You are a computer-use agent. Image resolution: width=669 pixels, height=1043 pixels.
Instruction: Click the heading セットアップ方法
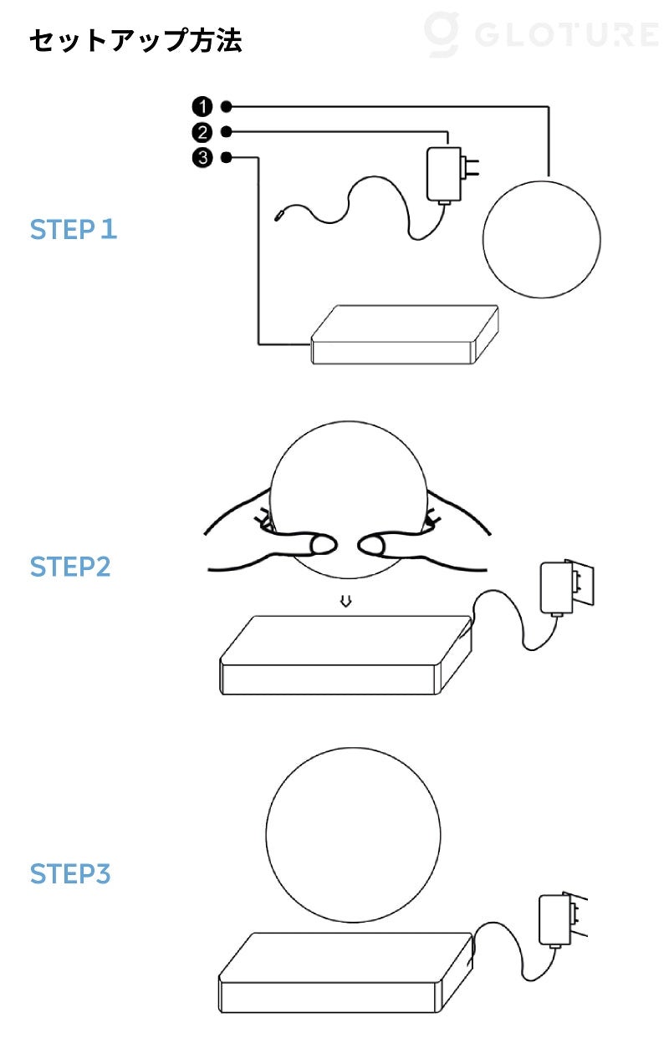click(135, 40)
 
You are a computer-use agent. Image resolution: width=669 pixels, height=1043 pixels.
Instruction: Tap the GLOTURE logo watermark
click(541, 35)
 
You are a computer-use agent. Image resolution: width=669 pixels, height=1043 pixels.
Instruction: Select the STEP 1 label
click(74, 230)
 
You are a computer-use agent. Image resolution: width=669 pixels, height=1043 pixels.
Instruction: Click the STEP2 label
click(70, 567)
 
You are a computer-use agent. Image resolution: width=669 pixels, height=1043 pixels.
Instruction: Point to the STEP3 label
click(70, 874)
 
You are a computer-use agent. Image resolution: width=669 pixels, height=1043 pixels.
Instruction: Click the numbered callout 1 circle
click(202, 107)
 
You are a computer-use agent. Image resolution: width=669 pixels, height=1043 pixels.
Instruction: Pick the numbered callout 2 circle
click(202, 132)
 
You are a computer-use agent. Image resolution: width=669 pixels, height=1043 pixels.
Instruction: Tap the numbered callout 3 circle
click(202, 158)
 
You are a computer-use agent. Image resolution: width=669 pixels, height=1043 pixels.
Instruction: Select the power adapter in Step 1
click(444, 176)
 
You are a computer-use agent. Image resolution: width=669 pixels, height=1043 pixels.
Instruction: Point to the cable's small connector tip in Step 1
click(279, 216)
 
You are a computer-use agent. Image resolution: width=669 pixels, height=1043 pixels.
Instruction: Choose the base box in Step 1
click(405, 334)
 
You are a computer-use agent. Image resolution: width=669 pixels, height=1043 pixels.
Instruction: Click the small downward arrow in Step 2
click(345, 601)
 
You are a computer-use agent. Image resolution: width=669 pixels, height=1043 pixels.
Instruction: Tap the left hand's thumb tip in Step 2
click(323, 544)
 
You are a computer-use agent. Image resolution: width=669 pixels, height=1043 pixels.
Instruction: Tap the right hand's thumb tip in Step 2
click(370, 544)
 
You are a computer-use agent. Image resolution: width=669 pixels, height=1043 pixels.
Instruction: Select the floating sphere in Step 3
click(354, 835)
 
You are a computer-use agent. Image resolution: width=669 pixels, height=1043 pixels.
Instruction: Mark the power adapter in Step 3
click(554, 920)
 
